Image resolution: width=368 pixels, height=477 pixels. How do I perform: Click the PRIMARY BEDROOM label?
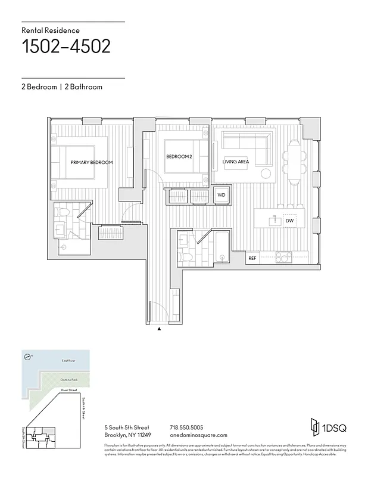pos(92,162)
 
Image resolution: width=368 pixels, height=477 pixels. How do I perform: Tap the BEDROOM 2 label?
pos(179,156)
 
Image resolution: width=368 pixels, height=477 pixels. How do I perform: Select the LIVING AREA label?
pos(235,162)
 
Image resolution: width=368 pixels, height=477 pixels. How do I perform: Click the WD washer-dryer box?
pos(221,195)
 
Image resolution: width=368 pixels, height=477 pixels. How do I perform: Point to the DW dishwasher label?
pos(289,221)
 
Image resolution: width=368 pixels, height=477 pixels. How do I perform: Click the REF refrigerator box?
pos(252,258)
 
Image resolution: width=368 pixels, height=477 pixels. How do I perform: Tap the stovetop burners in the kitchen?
pos(283,258)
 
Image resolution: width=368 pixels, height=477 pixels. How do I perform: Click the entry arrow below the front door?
pos(159,329)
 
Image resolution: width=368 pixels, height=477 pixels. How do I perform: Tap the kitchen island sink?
pos(275,221)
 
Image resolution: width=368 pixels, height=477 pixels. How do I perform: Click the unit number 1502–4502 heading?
pos(66,47)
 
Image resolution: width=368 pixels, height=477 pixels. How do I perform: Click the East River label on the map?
pos(68,361)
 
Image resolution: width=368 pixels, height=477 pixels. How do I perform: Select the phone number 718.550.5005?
pos(186,428)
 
